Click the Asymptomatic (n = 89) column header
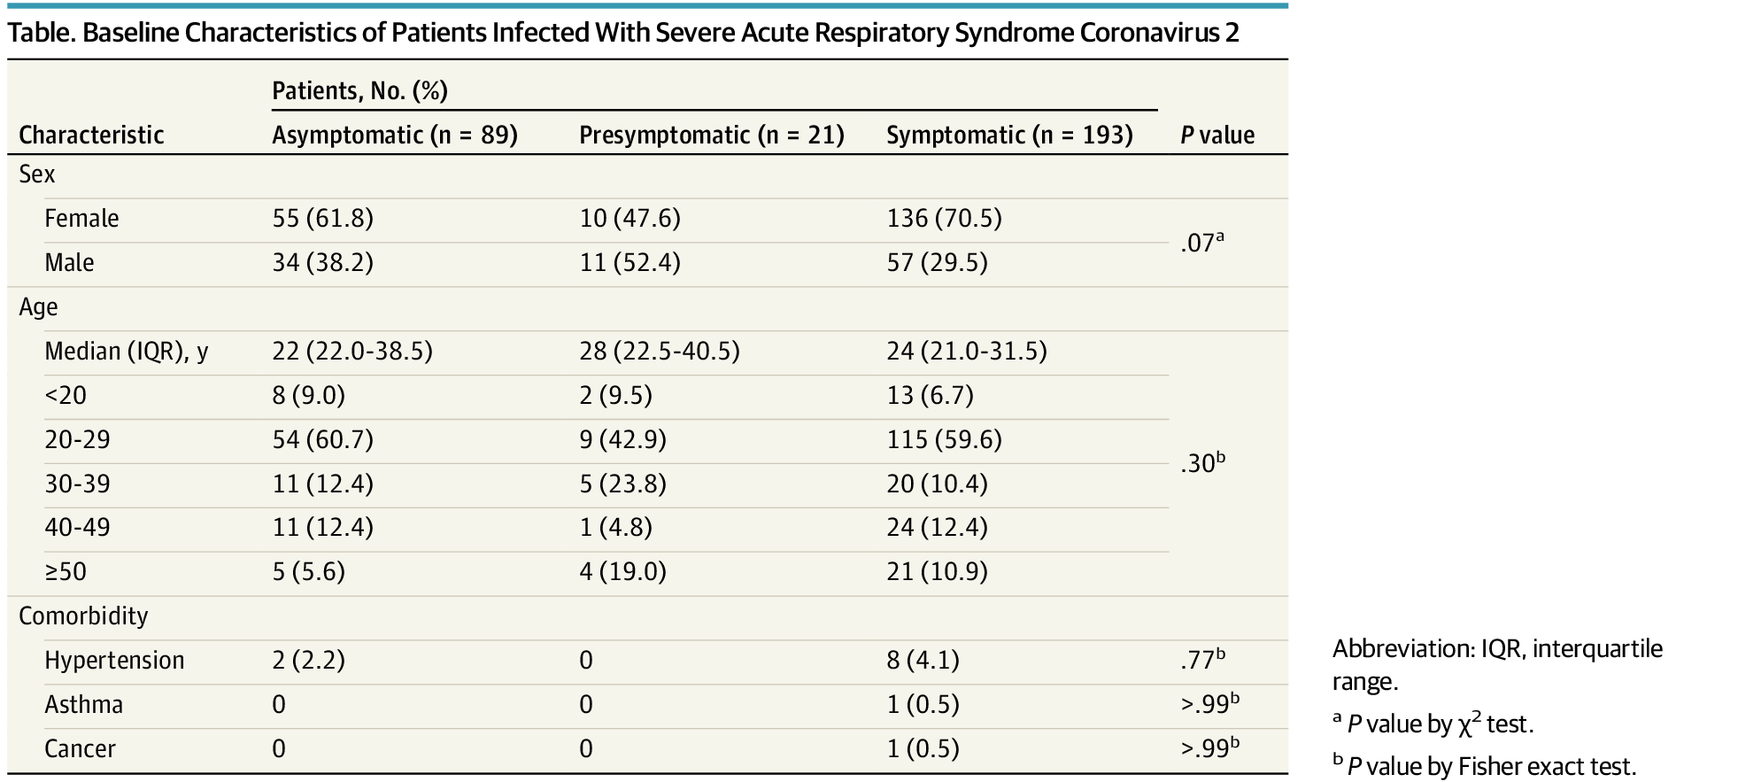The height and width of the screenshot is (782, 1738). tap(394, 135)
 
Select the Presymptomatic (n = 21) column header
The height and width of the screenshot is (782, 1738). tap(711, 135)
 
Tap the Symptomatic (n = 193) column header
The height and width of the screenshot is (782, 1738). tap(1009, 135)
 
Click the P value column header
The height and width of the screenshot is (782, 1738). tap(1217, 135)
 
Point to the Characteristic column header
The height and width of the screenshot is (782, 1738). tap(91, 135)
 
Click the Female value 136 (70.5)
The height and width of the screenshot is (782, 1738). tap(944, 218)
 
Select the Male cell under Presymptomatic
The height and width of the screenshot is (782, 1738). tap(630, 262)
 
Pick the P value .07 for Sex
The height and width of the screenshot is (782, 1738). tap(1201, 242)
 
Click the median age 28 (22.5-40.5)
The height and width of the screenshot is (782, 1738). tap(660, 351)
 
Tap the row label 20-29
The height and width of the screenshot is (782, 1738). tap(77, 439)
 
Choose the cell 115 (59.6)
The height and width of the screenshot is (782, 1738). tap(944, 439)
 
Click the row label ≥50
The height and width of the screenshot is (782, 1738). tap(66, 571)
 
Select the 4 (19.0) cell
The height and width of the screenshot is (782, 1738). tap(622, 571)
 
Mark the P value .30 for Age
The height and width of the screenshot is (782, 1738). tap(1202, 462)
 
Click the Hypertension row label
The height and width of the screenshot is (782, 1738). tap(114, 660)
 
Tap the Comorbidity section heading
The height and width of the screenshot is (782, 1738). tap(83, 616)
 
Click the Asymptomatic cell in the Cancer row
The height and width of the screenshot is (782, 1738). tap(279, 748)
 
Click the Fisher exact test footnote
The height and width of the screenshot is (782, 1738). tap(1484, 765)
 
